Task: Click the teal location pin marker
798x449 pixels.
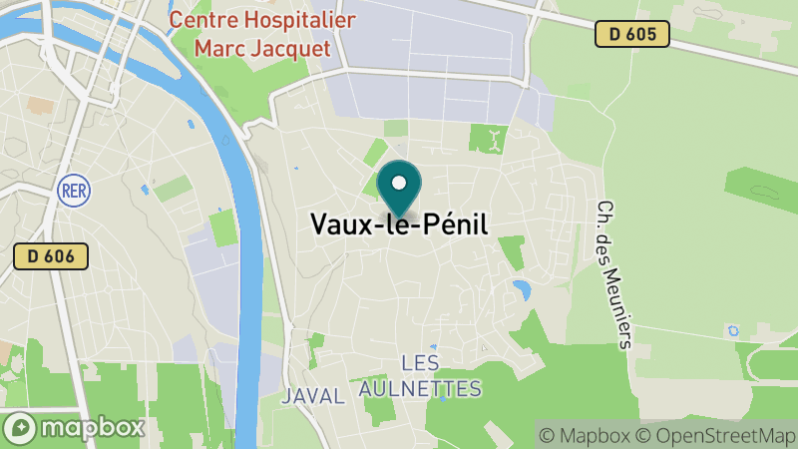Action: pyautogui.click(x=399, y=189)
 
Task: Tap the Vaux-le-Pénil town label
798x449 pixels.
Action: pyautogui.click(x=399, y=224)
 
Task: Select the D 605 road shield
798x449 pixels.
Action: pyautogui.click(x=631, y=34)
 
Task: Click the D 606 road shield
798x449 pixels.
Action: pyautogui.click(x=51, y=256)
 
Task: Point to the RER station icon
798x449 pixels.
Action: pyautogui.click(x=71, y=188)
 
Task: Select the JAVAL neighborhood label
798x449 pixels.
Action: pyautogui.click(x=313, y=395)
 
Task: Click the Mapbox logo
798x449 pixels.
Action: pyautogui.click(x=75, y=427)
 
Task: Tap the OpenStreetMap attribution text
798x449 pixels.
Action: pyautogui.click(x=718, y=435)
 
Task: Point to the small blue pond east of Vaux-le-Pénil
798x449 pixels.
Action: pyautogui.click(x=521, y=290)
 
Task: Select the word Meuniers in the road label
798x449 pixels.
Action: pyautogui.click(x=621, y=301)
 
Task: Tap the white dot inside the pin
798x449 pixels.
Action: pyautogui.click(x=399, y=184)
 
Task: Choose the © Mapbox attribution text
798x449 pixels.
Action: pyautogui.click(x=586, y=435)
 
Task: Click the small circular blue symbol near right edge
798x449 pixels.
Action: pyautogui.click(x=735, y=329)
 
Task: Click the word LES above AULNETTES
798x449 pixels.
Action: pyautogui.click(x=420, y=362)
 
